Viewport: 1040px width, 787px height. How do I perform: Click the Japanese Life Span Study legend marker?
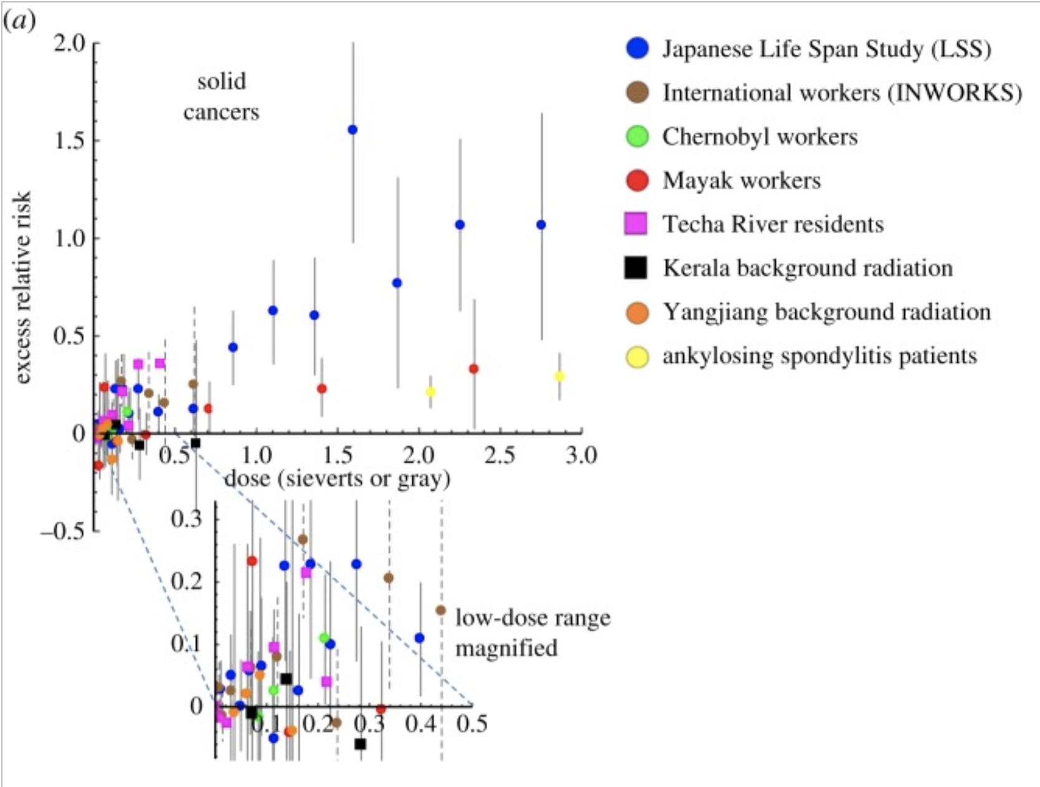point(637,48)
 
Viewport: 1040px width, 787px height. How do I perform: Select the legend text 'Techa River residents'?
point(772,224)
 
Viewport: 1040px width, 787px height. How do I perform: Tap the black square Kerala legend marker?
point(636,267)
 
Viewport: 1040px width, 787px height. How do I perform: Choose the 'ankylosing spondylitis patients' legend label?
point(819,356)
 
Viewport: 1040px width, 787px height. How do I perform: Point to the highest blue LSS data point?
point(352,130)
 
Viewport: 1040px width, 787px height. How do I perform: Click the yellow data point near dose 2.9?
point(559,376)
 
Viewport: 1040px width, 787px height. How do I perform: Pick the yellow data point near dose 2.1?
point(430,392)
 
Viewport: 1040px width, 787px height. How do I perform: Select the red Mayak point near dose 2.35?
point(473,369)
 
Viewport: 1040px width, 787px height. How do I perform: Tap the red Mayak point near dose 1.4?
point(321,389)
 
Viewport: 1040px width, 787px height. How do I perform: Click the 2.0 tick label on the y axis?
point(69,44)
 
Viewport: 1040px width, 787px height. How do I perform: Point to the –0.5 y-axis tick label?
point(62,531)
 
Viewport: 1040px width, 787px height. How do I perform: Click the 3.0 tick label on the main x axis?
point(580,456)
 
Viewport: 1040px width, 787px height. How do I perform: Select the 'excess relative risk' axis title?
point(22,287)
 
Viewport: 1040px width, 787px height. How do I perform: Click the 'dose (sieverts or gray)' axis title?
point(337,479)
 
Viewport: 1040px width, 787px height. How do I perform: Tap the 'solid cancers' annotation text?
point(221,97)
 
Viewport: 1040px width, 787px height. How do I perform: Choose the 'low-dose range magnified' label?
point(532,633)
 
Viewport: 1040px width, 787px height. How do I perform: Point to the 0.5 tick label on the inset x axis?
point(471,724)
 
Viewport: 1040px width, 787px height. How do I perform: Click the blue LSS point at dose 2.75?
point(541,224)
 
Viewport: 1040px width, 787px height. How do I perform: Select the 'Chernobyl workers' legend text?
point(759,136)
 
